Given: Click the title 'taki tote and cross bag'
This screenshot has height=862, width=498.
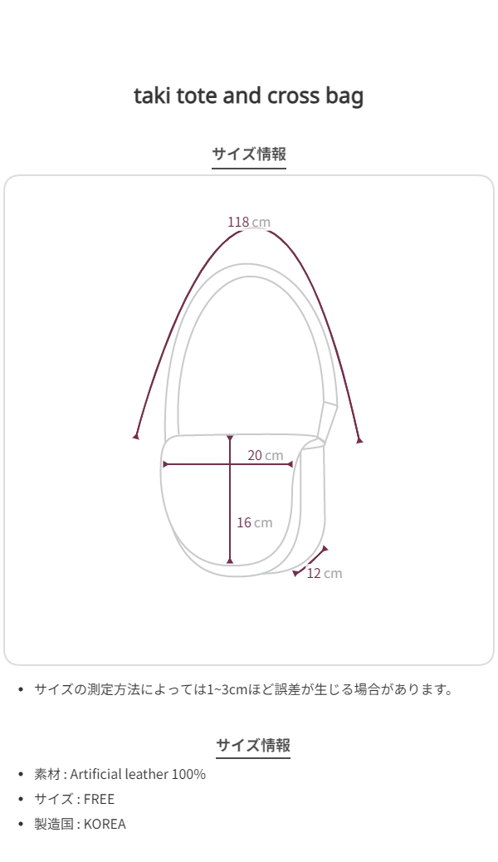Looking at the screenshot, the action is [x=248, y=96].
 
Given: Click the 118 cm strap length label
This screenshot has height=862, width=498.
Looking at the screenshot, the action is [x=249, y=222].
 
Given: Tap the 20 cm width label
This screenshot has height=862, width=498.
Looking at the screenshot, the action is [x=265, y=455].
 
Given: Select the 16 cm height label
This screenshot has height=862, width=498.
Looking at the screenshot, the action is [x=255, y=522].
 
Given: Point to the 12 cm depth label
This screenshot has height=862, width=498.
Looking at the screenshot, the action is [x=325, y=573].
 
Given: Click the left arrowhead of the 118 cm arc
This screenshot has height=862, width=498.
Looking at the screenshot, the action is [x=136, y=436].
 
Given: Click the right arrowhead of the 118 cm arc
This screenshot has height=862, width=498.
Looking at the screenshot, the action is [x=359, y=440].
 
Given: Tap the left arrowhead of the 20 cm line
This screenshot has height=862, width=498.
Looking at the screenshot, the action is [x=165, y=464].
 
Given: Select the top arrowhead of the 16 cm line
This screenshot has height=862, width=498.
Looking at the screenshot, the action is [x=230, y=438].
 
